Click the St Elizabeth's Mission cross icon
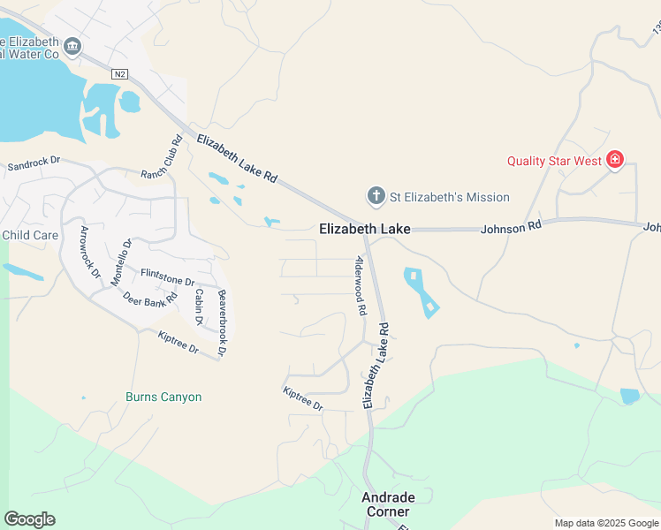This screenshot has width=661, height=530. tap(376, 196)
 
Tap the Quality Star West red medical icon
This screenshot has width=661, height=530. tap(615, 160)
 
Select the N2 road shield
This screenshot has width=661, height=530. tap(120, 75)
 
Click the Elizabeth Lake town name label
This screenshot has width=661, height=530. tap(364, 229)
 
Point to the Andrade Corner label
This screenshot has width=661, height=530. tap(386, 504)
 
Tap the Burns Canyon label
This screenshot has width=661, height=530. tap(163, 397)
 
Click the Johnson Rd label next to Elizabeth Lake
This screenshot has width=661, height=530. tap(510, 228)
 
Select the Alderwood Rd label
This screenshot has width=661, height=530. tap(361, 287)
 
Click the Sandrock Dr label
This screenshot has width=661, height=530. tap(33, 163)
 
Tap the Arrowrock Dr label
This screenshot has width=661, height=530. tap(90, 252)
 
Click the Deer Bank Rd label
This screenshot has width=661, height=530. tap(150, 300)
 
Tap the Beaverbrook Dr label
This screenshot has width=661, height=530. tap(222, 322)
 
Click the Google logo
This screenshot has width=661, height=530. tap(29, 519)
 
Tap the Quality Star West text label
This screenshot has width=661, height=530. tap(554, 161)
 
